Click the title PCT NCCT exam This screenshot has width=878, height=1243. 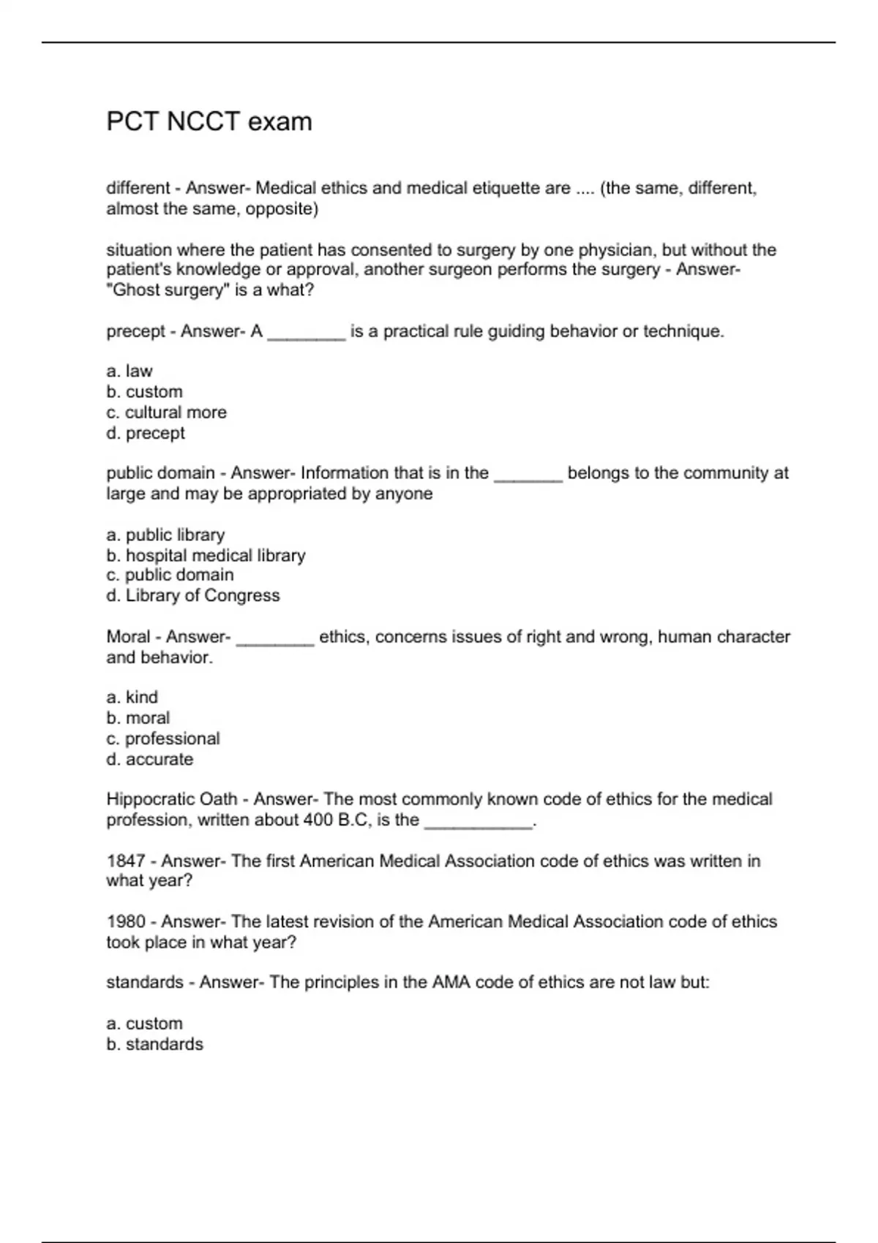(209, 121)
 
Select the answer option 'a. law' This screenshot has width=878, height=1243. (130, 371)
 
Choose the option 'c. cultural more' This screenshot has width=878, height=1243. (166, 412)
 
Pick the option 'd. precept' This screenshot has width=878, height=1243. (146, 433)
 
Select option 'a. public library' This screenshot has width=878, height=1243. (165, 535)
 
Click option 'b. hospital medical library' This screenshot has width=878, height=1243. (206, 556)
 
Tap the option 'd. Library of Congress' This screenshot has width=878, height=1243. (193, 596)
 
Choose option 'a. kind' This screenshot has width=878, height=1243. (132, 698)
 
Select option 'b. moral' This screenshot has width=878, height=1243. (138, 718)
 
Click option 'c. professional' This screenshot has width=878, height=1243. (163, 738)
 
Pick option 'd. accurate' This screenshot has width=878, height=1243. (150, 760)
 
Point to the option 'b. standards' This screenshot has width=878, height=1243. (154, 1044)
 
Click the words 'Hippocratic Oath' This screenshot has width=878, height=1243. (172, 799)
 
